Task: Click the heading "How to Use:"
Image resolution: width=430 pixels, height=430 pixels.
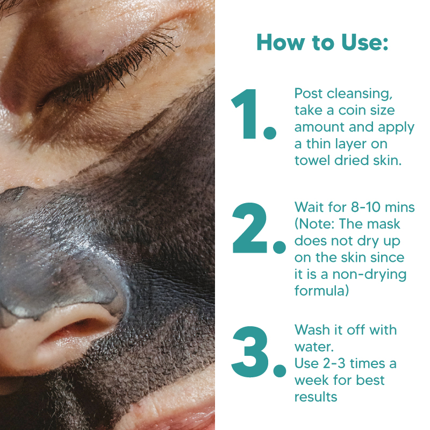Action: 322,42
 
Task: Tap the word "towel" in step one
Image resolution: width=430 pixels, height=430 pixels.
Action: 312,160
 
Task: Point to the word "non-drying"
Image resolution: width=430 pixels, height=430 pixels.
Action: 369,275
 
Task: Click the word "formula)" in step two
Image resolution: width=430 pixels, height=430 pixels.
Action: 321,290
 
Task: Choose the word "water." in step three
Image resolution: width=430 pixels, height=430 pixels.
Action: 314,347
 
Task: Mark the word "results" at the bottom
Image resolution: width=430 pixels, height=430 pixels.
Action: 316,397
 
